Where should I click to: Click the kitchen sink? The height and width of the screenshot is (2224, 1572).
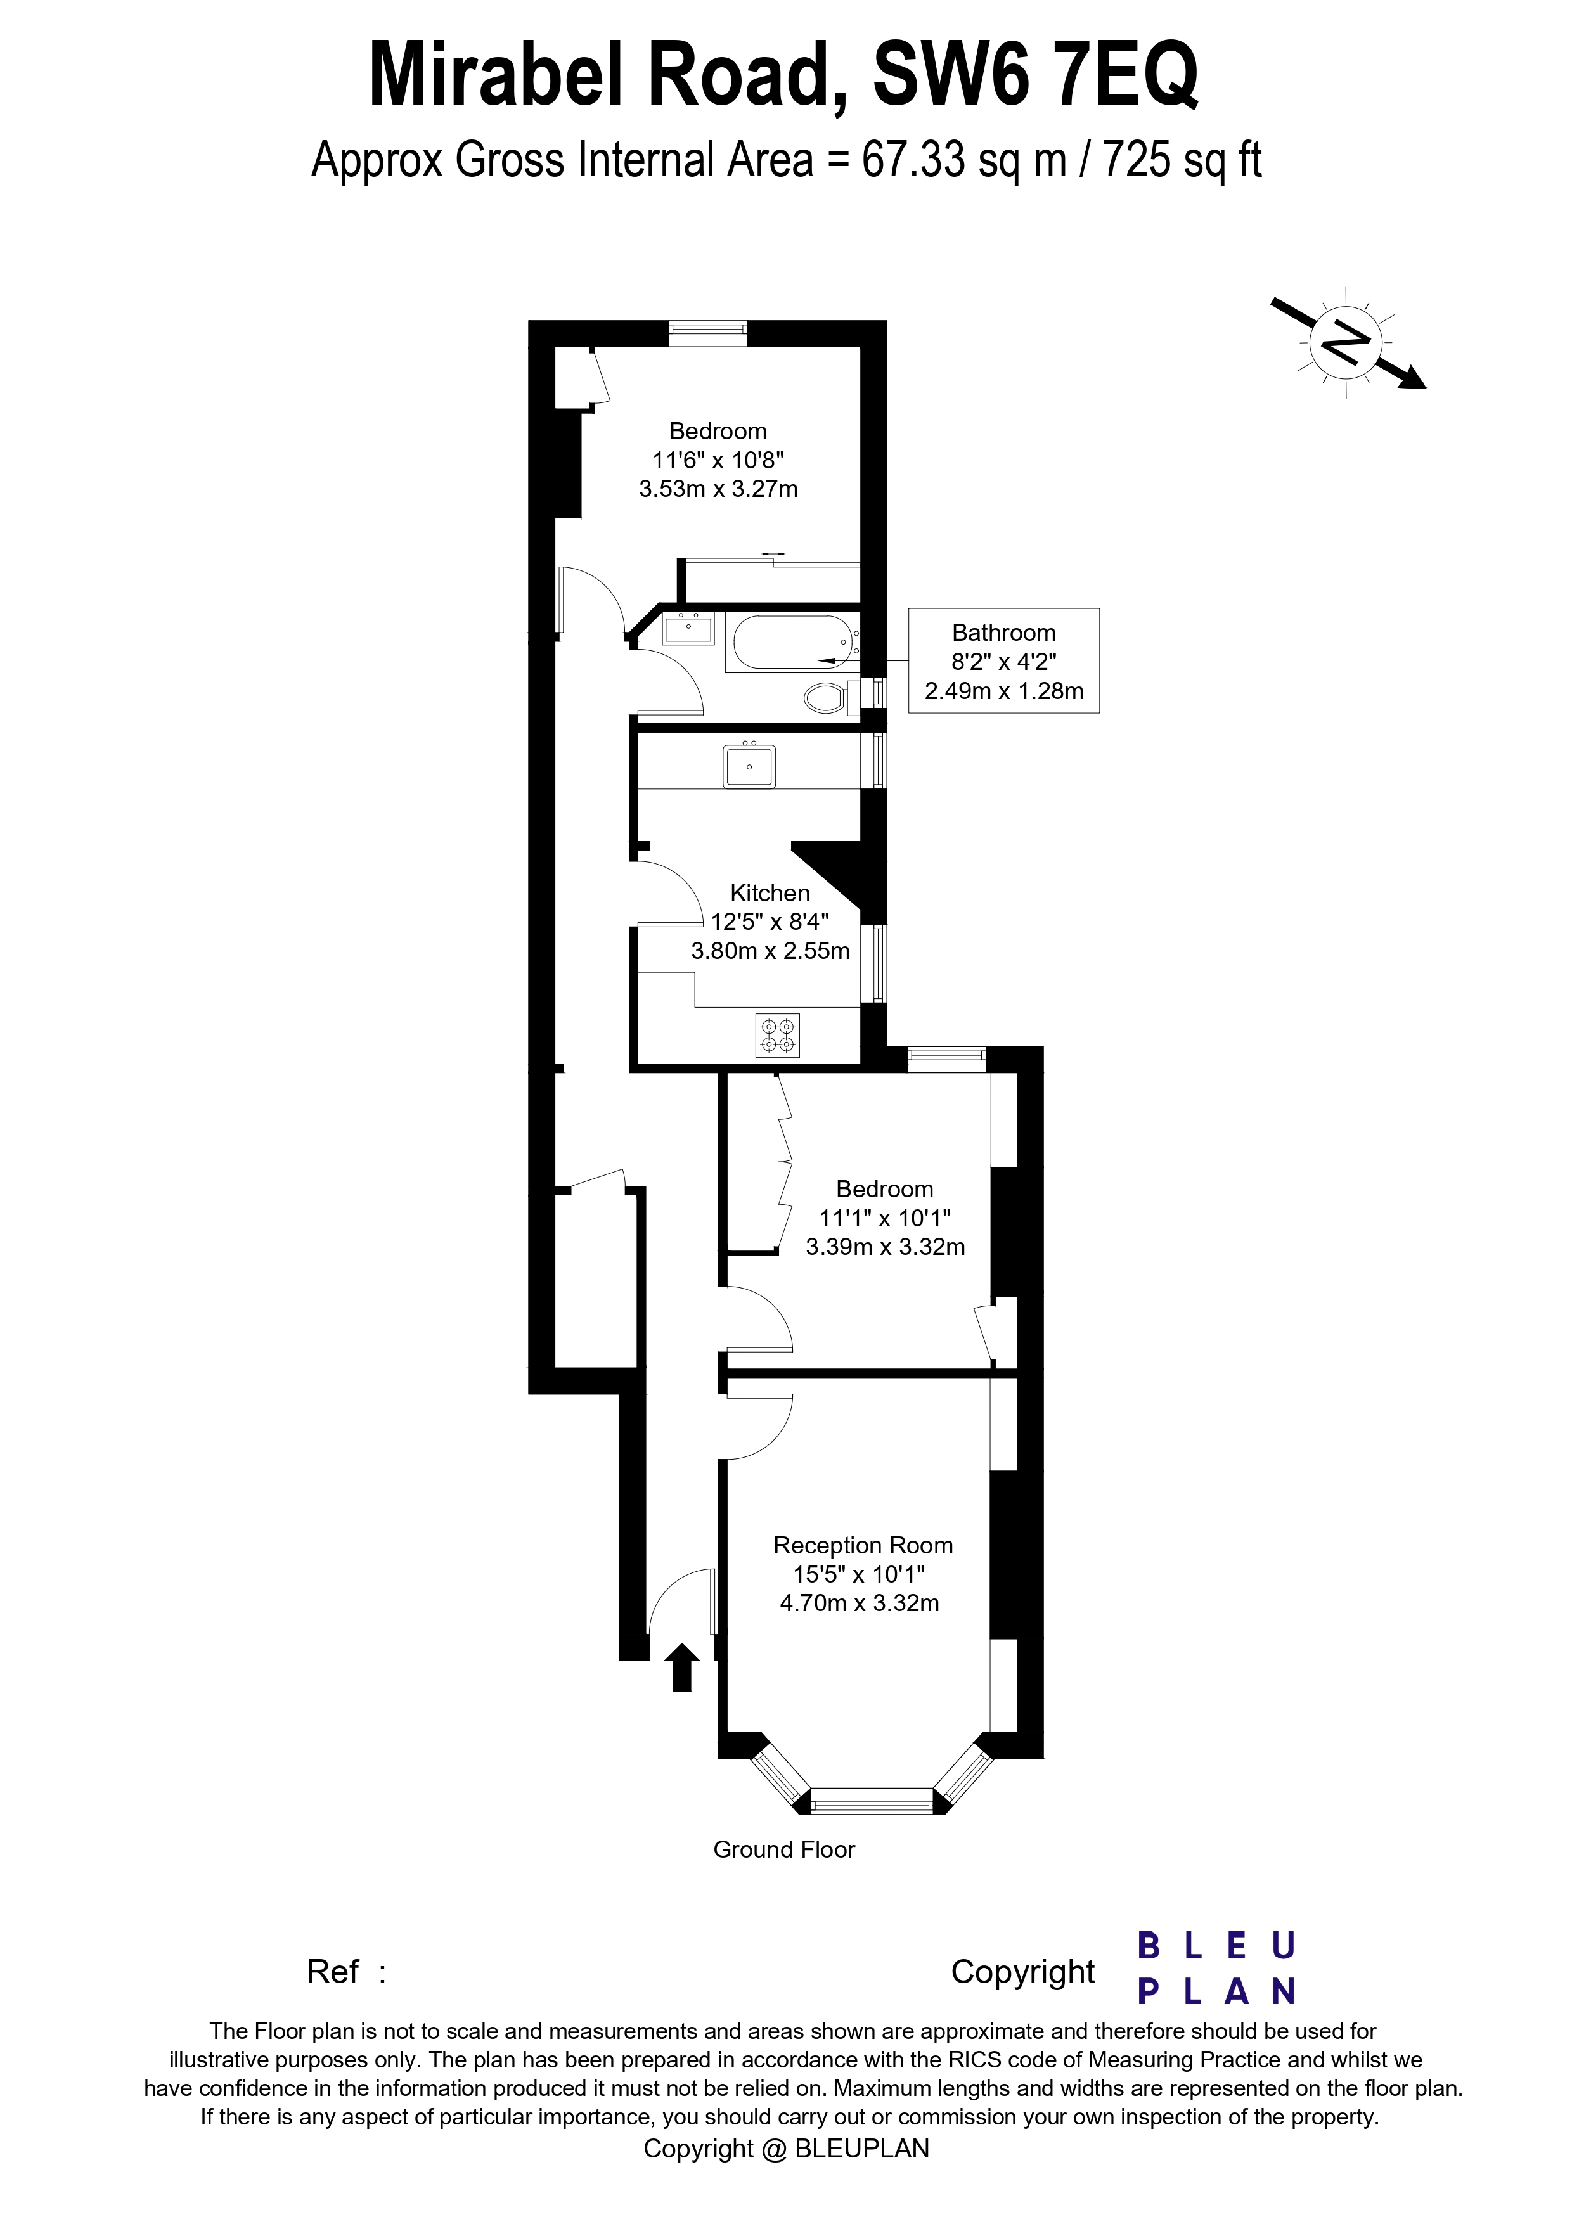[x=748, y=766]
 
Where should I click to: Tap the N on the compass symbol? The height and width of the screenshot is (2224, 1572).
[x=1346, y=341]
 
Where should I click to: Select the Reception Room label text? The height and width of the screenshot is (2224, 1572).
[x=862, y=1545]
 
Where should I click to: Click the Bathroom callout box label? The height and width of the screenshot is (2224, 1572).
[x=1003, y=633]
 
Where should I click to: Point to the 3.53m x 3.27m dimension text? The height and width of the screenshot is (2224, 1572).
[x=718, y=489]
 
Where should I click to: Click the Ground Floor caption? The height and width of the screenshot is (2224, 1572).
[x=783, y=1849]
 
